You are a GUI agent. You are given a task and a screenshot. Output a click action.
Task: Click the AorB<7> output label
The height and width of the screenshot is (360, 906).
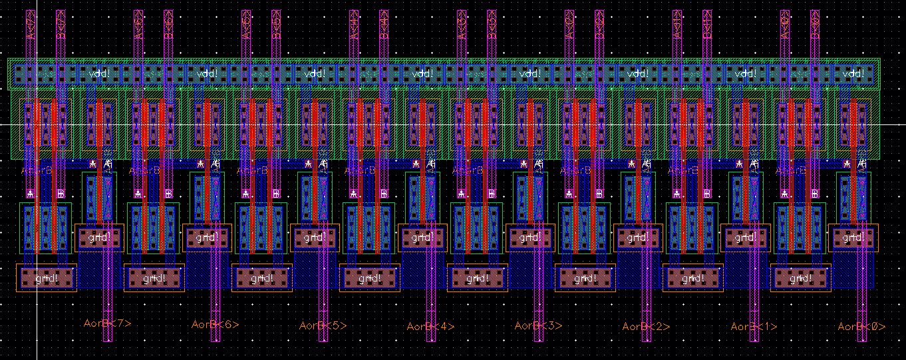click(x=108, y=323)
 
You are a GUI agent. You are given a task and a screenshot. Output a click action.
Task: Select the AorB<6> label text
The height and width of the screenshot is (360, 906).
click(x=216, y=324)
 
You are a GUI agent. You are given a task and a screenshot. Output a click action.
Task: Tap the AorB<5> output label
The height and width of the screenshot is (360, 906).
click(x=323, y=325)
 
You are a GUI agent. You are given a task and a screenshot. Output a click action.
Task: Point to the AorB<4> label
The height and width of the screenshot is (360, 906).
click(x=431, y=326)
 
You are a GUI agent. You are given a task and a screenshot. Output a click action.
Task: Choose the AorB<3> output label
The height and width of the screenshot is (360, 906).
click(x=539, y=325)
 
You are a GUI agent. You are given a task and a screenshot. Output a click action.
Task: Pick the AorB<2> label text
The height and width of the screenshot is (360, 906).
click(x=647, y=326)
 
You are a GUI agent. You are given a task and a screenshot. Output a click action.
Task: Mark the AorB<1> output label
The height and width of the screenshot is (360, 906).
click(x=754, y=326)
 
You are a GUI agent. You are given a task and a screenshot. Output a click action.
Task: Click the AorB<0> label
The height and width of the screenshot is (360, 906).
click(x=862, y=326)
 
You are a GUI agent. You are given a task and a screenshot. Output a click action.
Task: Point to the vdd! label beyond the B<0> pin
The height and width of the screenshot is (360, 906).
click(x=853, y=73)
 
